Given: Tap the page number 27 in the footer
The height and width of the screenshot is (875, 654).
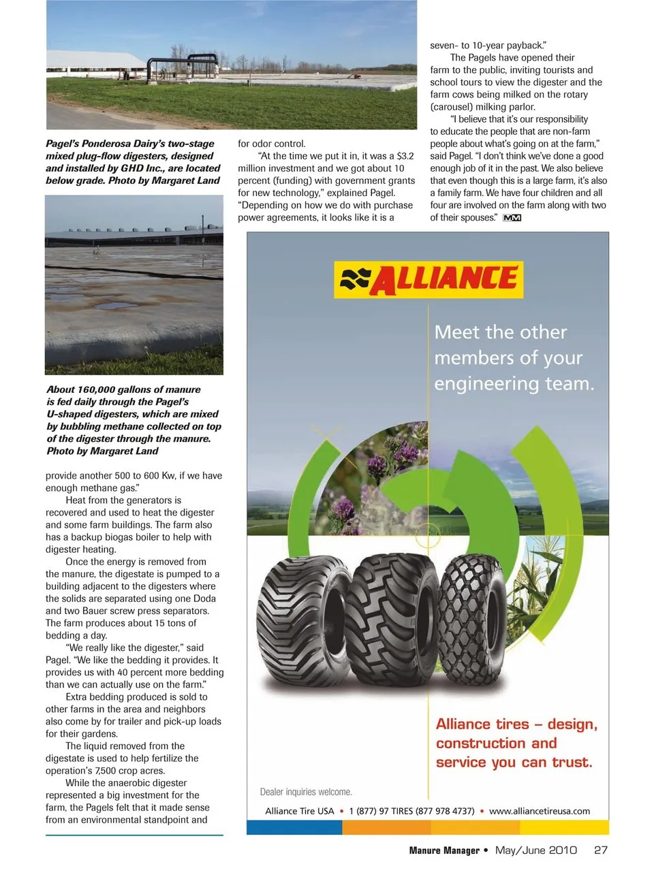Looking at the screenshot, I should click(600, 850).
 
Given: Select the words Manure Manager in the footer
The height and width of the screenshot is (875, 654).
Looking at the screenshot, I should click(444, 850).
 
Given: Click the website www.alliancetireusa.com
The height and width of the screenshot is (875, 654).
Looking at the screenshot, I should click(540, 811).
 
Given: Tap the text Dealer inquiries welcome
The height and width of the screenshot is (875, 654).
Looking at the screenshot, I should click(306, 792).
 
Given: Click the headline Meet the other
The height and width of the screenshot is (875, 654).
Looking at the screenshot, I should click(501, 332).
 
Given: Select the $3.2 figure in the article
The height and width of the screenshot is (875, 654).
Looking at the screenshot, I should click(405, 156).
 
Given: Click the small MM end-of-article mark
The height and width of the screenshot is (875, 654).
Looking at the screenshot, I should click(512, 218).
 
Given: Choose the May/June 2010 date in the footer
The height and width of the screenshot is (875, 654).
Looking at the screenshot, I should click(535, 850).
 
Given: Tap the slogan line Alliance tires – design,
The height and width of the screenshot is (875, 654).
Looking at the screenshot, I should click(516, 725).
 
